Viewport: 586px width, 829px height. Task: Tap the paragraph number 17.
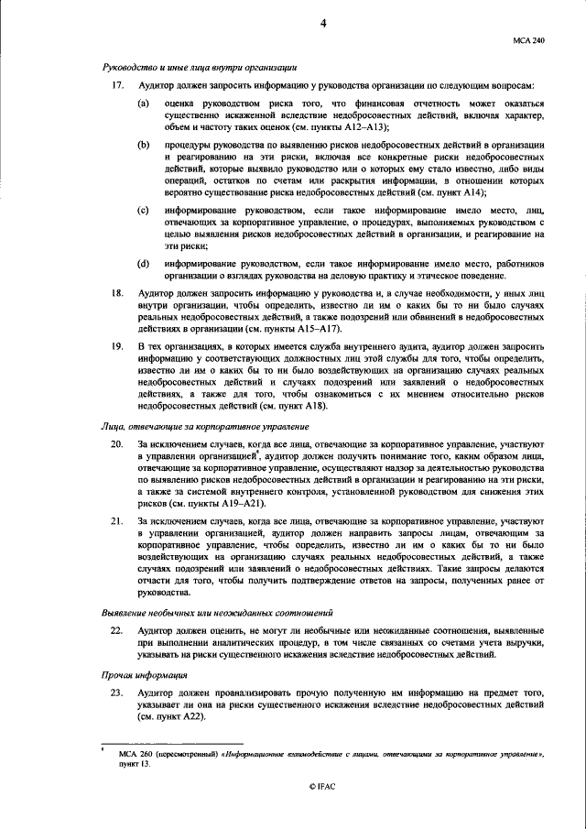[x=116, y=85]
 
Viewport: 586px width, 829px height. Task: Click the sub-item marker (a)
[x=144, y=104]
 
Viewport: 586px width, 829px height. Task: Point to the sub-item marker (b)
[x=144, y=146]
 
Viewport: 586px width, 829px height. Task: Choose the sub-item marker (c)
[x=144, y=211]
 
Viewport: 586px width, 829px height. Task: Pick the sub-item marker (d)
[x=144, y=264]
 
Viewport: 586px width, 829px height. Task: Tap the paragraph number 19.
[x=116, y=347]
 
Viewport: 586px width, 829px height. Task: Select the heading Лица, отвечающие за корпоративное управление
[x=204, y=426]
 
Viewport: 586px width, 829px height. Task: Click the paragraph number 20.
[x=116, y=443]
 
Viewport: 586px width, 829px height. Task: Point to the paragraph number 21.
[x=116, y=521]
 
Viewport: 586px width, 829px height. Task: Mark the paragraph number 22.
[x=116, y=631]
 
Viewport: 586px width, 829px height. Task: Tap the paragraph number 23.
[x=116, y=693]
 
